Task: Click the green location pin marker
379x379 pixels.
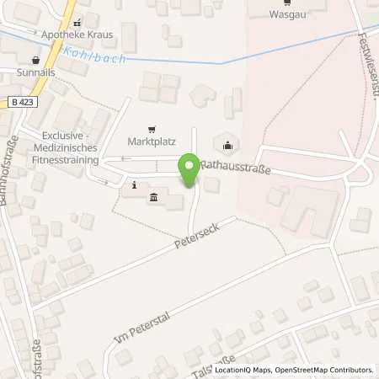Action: (189, 171)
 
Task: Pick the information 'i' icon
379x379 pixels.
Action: (134, 184)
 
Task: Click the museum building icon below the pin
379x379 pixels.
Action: (154, 198)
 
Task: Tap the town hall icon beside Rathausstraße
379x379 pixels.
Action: (227, 143)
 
